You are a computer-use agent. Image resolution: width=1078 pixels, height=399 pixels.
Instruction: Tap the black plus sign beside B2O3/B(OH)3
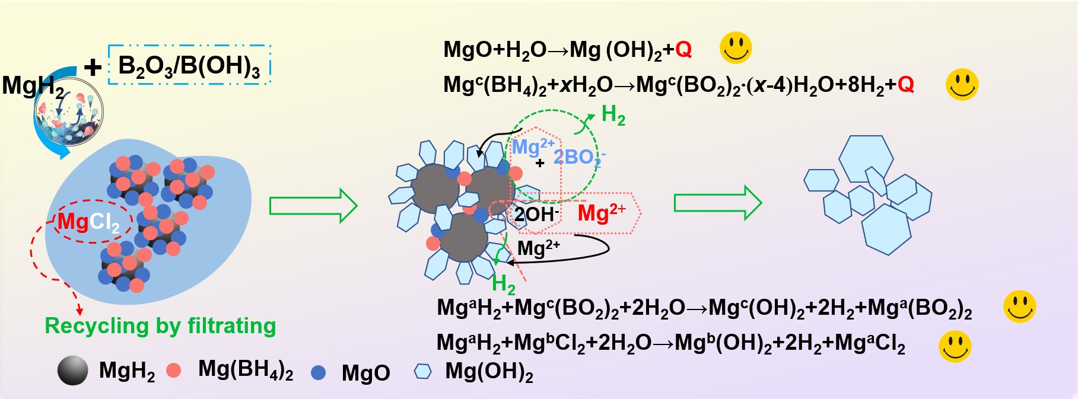click(93, 68)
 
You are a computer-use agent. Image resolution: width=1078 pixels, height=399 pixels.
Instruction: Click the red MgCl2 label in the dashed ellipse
click(88, 222)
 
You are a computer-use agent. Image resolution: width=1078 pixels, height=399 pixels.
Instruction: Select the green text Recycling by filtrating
click(160, 325)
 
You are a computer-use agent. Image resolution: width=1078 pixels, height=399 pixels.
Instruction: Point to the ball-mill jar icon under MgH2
click(69, 119)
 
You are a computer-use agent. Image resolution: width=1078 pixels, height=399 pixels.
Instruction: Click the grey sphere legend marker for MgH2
click(73, 371)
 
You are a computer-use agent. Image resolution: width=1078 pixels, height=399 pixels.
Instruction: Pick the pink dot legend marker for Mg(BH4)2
click(173, 371)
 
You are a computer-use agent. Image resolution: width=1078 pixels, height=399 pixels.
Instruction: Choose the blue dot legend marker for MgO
click(319, 372)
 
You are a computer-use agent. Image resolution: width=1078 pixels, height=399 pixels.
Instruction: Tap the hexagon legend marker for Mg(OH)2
click(422, 371)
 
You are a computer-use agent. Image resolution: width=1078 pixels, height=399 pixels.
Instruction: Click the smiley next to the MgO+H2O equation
click(736, 47)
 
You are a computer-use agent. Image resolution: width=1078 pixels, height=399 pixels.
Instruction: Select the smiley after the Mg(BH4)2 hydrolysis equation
click(962, 84)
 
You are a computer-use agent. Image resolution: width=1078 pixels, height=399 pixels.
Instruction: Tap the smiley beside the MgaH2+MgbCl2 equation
click(955, 346)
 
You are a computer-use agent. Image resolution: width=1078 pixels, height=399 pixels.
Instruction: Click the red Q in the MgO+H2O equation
click(683, 50)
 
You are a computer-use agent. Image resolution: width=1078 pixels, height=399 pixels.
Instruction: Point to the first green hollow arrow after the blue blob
click(314, 206)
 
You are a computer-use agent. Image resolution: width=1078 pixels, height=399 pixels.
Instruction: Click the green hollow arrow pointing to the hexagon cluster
click(718, 203)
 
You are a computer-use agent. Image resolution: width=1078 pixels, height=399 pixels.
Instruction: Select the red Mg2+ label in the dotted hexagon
click(602, 212)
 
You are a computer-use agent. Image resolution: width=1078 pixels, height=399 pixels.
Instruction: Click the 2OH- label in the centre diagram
click(536, 214)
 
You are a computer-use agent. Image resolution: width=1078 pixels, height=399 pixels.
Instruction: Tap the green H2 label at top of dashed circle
click(613, 115)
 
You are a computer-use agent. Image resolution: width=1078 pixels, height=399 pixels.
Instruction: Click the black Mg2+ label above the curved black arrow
click(539, 247)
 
